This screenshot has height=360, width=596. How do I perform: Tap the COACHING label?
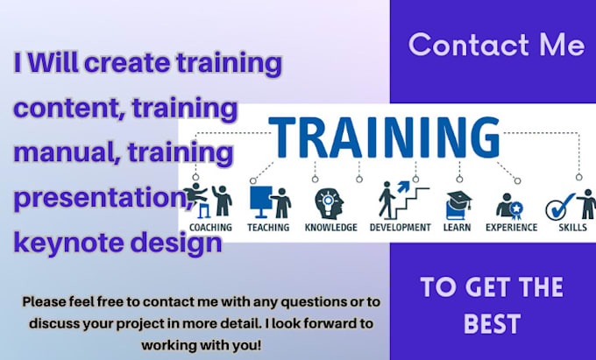[209, 228]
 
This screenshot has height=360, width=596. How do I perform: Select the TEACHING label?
[267, 228]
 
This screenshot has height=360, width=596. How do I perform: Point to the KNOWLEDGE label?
[330, 228]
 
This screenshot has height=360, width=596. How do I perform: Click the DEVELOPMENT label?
[399, 228]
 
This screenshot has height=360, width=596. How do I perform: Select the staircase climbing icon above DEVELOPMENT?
[394, 200]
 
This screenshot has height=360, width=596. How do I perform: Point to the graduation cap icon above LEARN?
[458, 204]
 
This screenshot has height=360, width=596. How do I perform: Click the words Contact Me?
[495, 45]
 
